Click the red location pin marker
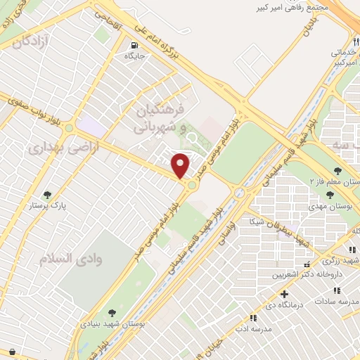[x=181, y=165]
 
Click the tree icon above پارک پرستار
[x=48, y=195]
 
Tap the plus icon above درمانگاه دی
[x=284, y=295]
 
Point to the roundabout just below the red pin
[x=191, y=184]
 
